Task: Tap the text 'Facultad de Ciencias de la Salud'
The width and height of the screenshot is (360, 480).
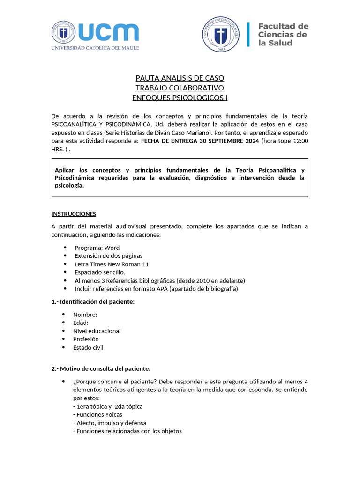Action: tap(283, 35)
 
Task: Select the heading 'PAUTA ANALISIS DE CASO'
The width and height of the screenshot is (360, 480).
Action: tap(180, 78)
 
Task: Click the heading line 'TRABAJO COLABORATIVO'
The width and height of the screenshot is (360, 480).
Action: tap(180, 88)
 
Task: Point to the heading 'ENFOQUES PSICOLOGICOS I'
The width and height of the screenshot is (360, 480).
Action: tap(180, 97)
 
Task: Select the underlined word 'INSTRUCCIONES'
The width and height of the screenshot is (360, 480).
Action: tap(74, 214)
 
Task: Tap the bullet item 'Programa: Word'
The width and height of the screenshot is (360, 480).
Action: tap(97, 247)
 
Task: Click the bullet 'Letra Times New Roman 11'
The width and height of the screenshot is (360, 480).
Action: tap(112, 264)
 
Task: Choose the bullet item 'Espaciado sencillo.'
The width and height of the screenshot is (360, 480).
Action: tap(100, 272)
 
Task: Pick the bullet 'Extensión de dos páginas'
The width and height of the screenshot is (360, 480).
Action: tap(108, 255)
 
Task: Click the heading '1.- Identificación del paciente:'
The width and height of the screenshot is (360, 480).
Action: tap(93, 301)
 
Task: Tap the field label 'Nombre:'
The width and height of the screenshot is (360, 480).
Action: tap(85, 315)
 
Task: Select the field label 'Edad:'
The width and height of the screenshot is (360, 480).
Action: tap(81, 322)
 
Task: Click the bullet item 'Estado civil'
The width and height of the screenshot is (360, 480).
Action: tap(88, 347)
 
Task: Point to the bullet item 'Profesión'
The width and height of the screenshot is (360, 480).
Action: tap(86, 339)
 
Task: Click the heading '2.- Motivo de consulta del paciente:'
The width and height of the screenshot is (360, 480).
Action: tap(101, 368)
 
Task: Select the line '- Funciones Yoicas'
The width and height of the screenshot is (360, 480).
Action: tap(97, 414)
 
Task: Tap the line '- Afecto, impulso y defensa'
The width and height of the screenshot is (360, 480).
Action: tap(110, 423)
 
